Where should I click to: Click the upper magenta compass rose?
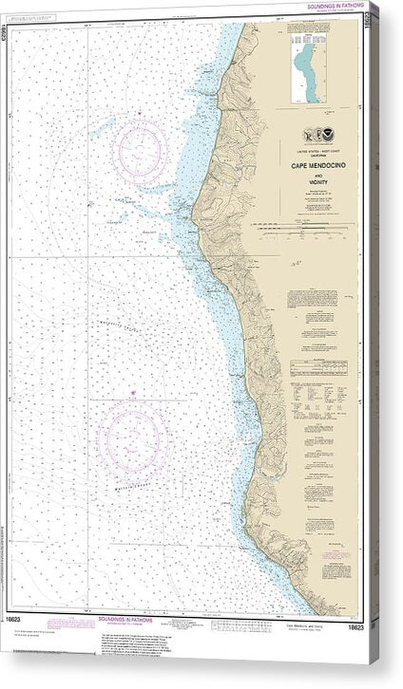point(141,149)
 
